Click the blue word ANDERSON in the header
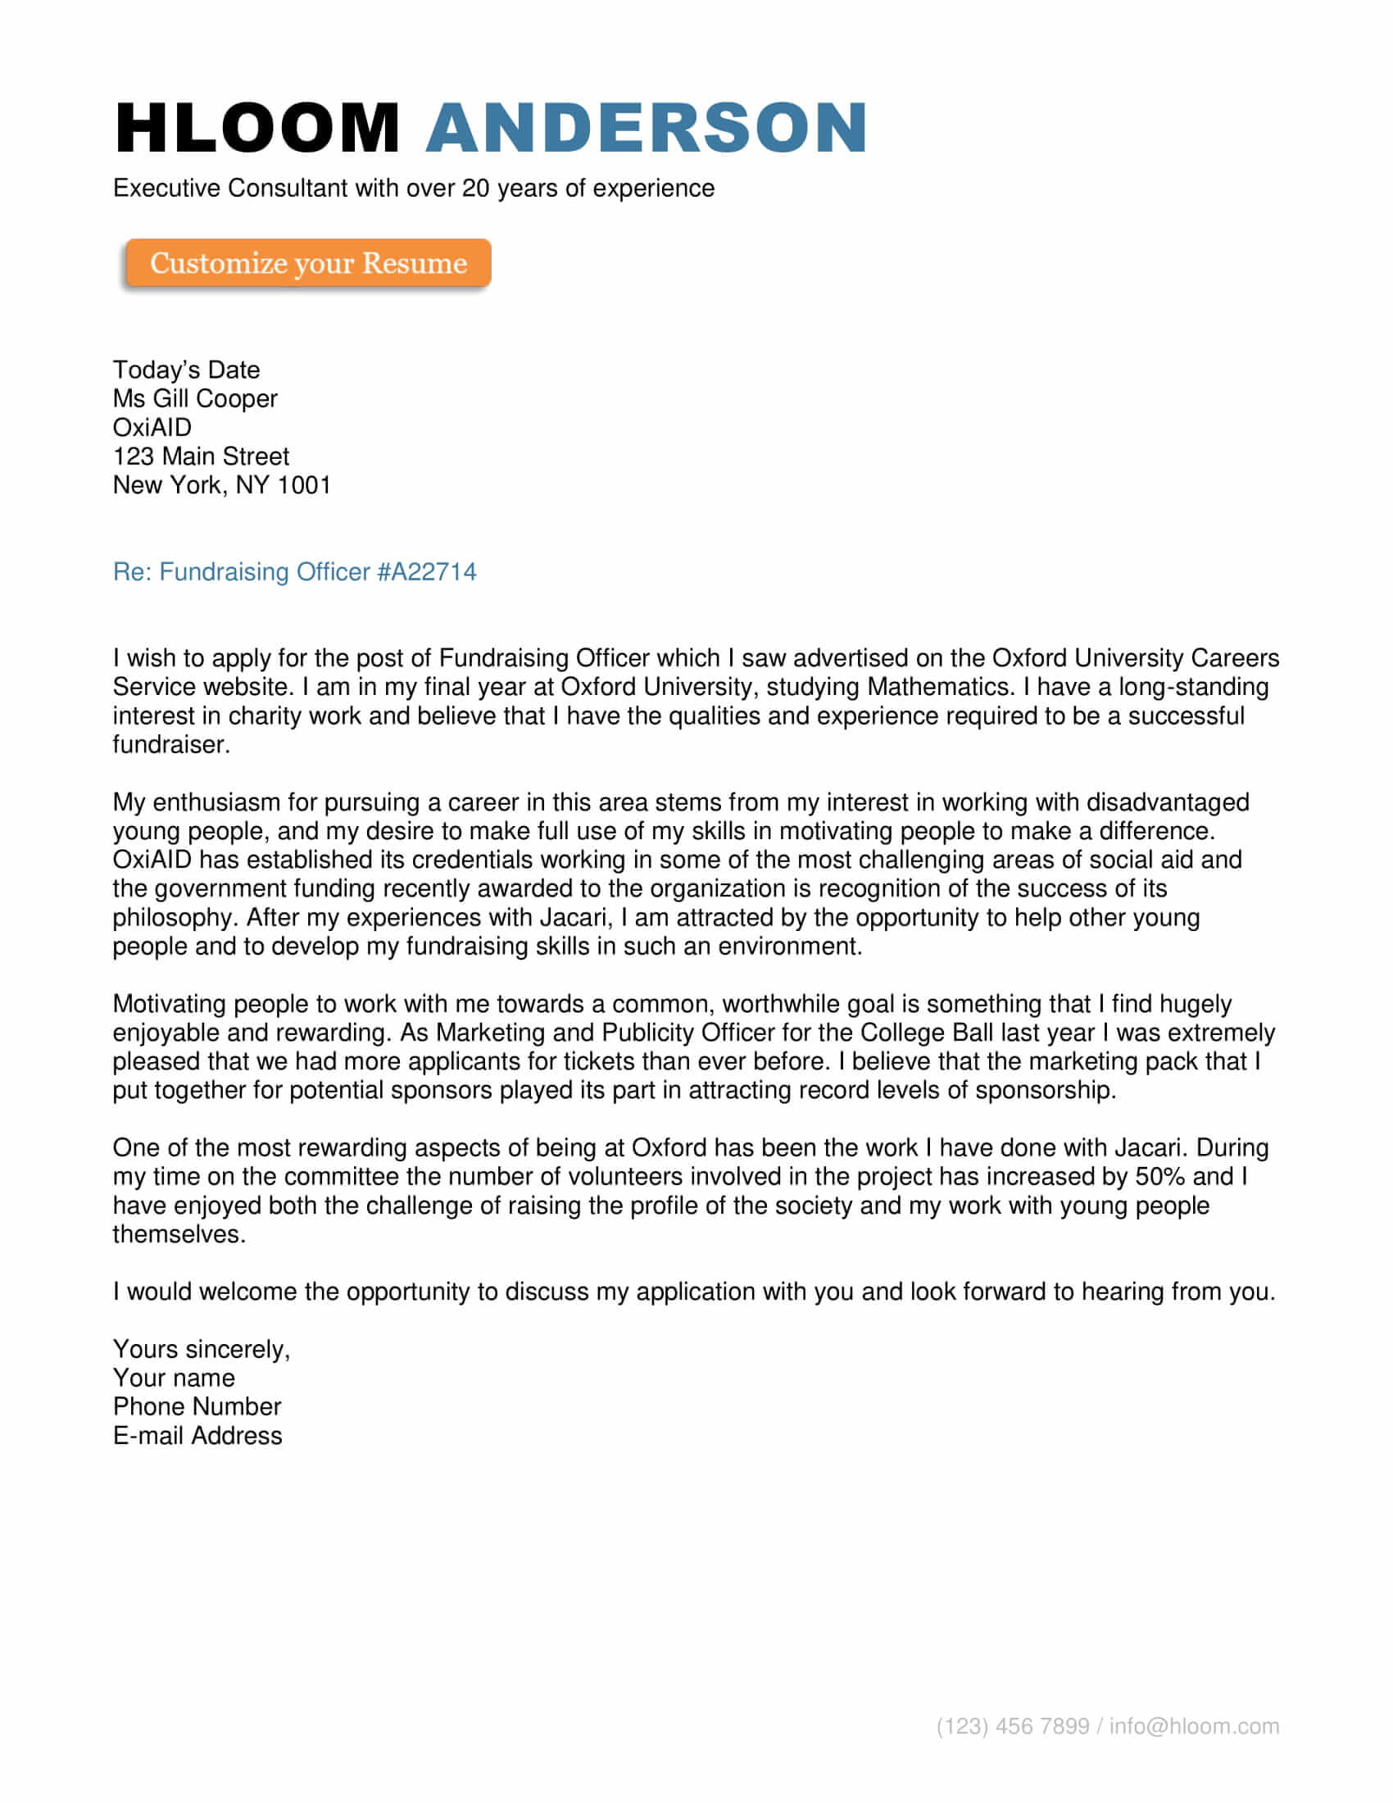click(x=647, y=128)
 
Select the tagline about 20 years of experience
click(x=414, y=188)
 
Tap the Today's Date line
click(x=187, y=370)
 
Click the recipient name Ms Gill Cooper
click(x=196, y=399)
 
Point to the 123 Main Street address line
click(x=202, y=456)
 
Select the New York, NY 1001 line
click(x=222, y=485)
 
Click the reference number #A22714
click(x=427, y=572)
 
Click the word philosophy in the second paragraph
click(x=175, y=918)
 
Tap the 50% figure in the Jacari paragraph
click(x=1160, y=1176)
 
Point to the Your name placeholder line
click(x=174, y=1378)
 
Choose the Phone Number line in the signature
click(x=197, y=1406)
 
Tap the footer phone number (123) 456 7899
click(x=1013, y=1726)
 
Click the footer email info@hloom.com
click(x=1194, y=1726)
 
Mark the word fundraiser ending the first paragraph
click(x=170, y=745)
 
